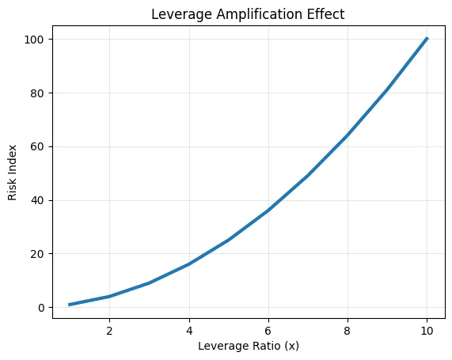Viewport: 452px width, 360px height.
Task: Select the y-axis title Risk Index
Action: (14, 172)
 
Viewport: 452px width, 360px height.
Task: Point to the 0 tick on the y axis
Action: (42, 308)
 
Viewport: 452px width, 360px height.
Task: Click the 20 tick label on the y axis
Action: (39, 254)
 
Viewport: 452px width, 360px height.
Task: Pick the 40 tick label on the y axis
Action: (39, 200)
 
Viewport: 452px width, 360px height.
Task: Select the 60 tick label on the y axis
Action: (39, 146)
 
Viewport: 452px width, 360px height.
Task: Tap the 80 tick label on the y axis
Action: (39, 93)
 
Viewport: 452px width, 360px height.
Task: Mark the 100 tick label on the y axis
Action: (36, 40)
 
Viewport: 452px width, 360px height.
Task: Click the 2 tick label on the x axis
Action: (109, 328)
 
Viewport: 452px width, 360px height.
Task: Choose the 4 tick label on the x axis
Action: (189, 328)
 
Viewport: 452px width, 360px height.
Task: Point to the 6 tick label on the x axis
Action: (268, 328)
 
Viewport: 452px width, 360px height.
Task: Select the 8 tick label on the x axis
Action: (348, 328)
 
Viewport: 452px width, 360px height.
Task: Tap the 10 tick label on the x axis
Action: (427, 328)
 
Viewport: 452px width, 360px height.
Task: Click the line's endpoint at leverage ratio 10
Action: (427, 38)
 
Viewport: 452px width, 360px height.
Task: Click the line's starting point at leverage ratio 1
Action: (70, 305)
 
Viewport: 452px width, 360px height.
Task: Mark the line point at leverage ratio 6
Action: (268, 210)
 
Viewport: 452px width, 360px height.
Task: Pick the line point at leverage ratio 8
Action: (348, 135)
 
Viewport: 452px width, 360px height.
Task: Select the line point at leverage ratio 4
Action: (189, 264)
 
